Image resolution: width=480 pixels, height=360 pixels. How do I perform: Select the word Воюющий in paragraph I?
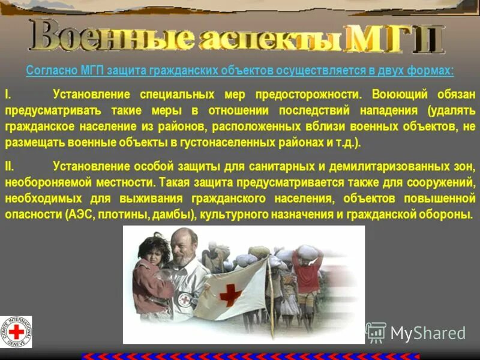click(397, 95)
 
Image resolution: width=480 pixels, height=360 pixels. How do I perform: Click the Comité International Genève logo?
click(16, 332)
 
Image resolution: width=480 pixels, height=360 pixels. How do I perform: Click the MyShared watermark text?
click(427, 334)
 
